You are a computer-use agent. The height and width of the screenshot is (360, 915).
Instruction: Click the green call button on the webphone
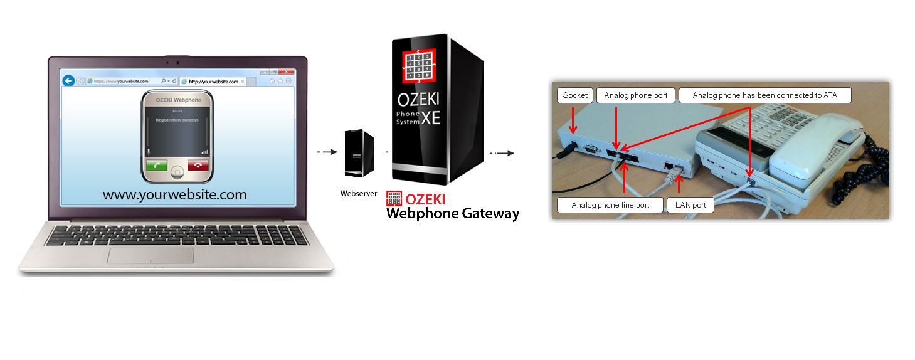157,165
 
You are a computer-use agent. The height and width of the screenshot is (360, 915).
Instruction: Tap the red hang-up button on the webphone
198,165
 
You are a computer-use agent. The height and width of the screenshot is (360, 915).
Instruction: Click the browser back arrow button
69,81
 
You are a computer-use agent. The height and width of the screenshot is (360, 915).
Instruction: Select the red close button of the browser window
288,71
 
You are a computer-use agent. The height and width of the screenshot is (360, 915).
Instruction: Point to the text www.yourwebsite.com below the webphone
175,194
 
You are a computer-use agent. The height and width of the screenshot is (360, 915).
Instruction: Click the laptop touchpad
151,255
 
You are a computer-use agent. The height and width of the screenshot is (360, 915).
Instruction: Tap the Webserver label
359,194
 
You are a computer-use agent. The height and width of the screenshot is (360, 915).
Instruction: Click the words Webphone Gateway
453,214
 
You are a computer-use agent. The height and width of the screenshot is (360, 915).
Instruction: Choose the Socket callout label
575,95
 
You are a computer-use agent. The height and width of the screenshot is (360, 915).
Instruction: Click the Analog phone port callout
637,95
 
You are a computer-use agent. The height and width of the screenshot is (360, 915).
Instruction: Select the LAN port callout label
690,205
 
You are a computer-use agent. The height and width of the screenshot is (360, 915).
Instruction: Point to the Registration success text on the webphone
177,120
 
